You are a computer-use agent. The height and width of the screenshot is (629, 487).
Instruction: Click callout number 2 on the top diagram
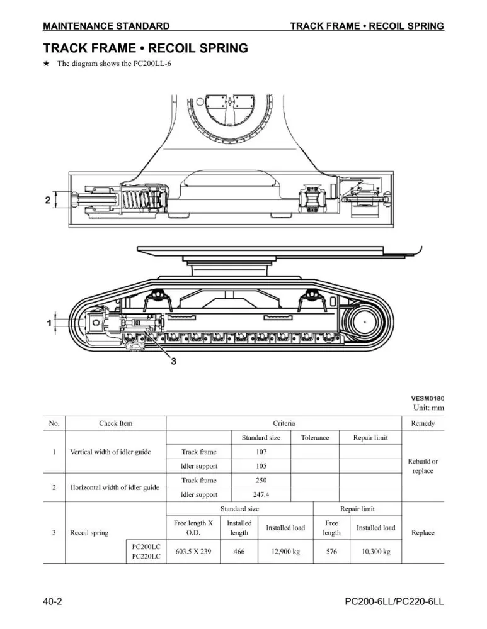pyautogui.click(x=48, y=200)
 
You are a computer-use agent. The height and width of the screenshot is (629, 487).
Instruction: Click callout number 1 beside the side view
pyautogui.click(x=49, y=323)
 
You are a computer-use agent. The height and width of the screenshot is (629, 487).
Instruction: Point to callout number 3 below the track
pyautogui.click(x=174, y=361)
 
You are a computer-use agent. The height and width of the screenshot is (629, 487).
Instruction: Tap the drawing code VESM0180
pyautogui.click(x=428, y=398)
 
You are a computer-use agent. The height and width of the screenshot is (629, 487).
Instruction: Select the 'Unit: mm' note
pyautogui.click(x=429, y=408)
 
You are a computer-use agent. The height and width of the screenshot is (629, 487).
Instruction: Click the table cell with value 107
pyautogui.click(x=261, y=452)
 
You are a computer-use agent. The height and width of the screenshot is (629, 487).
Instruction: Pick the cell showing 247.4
pyautogui.click(x=261, y=494)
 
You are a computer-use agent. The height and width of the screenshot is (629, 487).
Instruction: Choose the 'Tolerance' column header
pyautogui.click(x=315, y=438)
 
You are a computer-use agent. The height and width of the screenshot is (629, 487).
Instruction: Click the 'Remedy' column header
pyautogui.click(x=423, y=423)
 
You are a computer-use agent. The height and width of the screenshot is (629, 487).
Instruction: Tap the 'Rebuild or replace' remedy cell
pyautogui.click(x=423, y=466)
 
